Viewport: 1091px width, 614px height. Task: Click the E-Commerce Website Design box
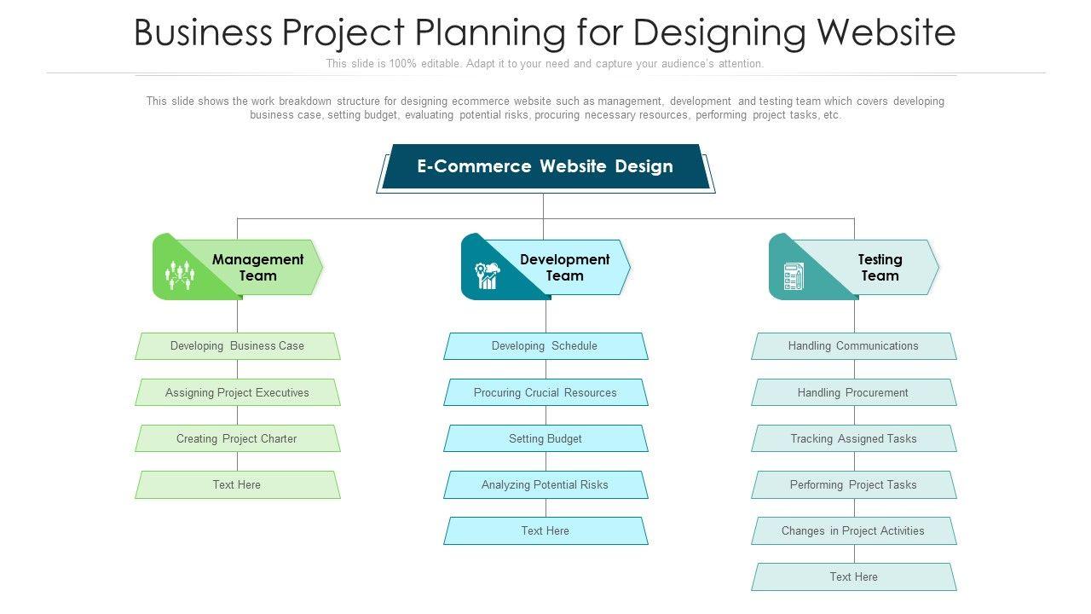pyautogui.click(x=545, y=166)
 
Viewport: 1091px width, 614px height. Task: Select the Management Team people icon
pyautogui.click(x=180, y=275)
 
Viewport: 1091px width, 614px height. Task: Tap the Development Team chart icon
pyautogui.click(x=488, y=275)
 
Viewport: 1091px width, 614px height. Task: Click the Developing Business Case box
pyautogui.click(x=237, y=346)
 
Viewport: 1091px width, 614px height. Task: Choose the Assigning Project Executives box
pyautogui.click(x=237, y=392)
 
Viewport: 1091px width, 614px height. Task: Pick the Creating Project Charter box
pyautogui.click(x=237, y=438)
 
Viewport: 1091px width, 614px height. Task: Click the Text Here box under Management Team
pyautogui.click(x=237, y=484)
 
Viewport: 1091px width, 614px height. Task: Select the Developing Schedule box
pyautogui.click(x=545, y=346)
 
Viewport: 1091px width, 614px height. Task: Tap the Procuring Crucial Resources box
pyautogui.click(x=545, y=392)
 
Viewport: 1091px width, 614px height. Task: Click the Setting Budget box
pyautogui.click(x=545, y=438)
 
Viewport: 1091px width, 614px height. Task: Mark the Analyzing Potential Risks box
pyautogui.click(x=545, y=484)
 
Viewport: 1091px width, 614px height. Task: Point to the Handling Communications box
pyautogui.click(x=853, y=346)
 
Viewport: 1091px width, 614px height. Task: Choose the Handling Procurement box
pyautogui.click(x=853, y=392)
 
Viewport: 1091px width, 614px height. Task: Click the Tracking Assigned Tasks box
pyautogui.click(x=853, y=438)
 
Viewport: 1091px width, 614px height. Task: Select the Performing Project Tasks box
pyautogui.click(x=853, y=484)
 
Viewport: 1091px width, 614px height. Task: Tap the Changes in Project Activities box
pyautogui.click(x=853, y=530)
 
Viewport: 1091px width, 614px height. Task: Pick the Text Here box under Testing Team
pyautogui.click(x=853, y=576)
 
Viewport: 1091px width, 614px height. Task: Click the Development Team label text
pyautogui.click(x=564, y=267)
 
